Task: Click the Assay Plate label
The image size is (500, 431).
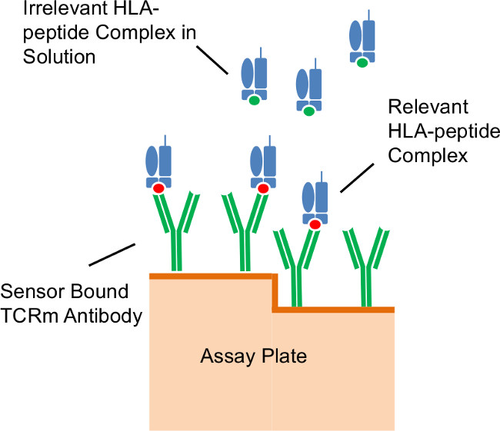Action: tap(242, 356)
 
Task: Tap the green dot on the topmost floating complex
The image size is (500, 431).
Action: tap(360, 62)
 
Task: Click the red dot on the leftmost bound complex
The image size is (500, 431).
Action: tap(158, 188)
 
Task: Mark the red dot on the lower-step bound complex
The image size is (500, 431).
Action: tap(314, 224)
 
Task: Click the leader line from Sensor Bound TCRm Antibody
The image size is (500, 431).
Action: tap(112, 254)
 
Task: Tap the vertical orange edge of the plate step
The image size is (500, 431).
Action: tap(274, 293)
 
